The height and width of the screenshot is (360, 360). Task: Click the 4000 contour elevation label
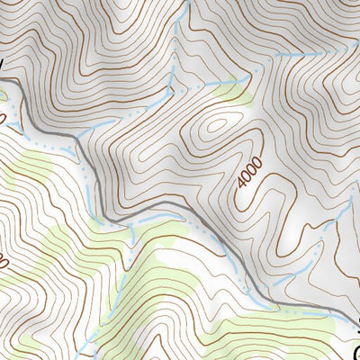[x=249, y=173]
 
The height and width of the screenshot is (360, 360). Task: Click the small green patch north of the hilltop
[x=233, y=88]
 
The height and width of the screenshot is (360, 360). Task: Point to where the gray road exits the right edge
[x=358, y=316]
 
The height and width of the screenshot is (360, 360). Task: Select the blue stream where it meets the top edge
[x=187, y=3]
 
